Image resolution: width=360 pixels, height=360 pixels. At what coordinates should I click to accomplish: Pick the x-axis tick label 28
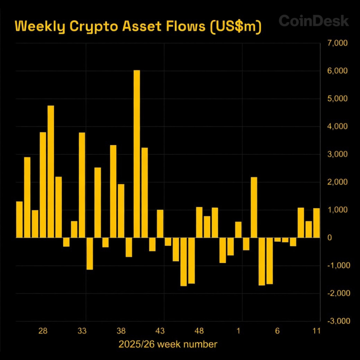pos(43,331)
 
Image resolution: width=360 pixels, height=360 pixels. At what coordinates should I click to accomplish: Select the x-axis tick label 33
pos(82,331)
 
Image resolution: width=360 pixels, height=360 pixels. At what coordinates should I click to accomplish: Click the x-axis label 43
pos(160,331)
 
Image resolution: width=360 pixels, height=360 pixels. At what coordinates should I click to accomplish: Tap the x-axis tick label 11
pos(316,331)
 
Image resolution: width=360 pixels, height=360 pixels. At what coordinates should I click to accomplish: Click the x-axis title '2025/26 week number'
pos(168,344)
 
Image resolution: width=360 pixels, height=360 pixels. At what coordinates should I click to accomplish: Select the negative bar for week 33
pos(90,253)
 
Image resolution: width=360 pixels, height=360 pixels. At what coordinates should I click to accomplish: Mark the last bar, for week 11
pos(316,222)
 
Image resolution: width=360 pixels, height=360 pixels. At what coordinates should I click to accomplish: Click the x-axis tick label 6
pos(277,331)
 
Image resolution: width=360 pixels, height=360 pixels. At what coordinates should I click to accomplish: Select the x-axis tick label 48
pos(199,331)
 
